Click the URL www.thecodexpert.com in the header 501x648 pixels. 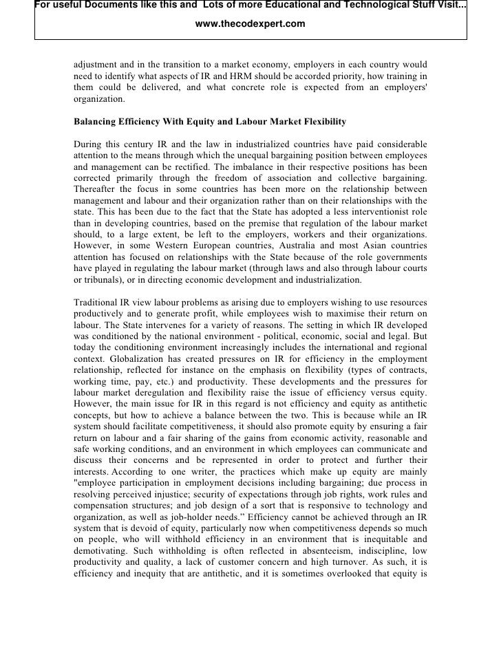coord(250,24)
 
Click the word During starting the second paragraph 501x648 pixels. coord(89,144)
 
